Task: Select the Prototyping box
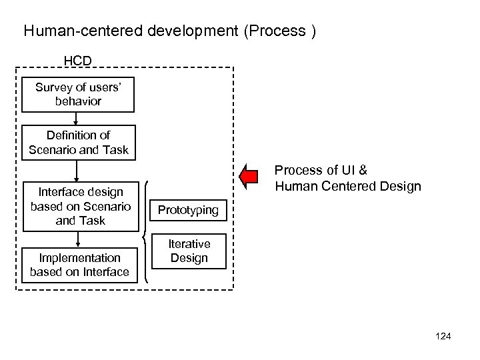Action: (x=189, y=210)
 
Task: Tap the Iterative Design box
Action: (x=189, y=251)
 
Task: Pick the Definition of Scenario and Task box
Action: (x=78, y=142)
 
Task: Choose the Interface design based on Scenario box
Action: (x=78, y=206)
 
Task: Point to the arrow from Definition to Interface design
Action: (x=78, y=170)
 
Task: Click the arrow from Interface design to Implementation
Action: (x=78, y=238)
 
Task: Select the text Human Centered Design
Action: (x=348, y=186)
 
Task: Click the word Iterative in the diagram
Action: (x=189, y=244)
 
